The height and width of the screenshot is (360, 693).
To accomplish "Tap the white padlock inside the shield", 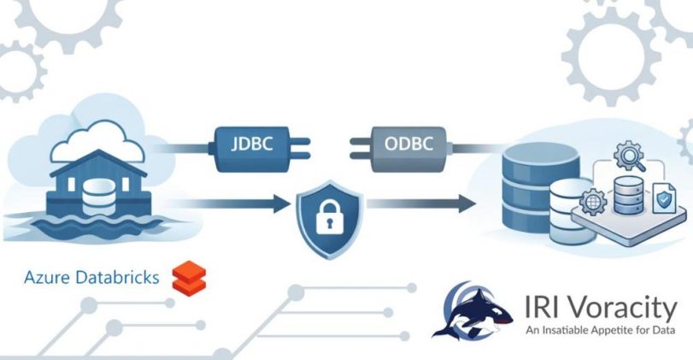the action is pyautogui.click(x=329, y=216).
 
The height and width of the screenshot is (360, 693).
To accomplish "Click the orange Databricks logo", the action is pyautogui.click(x=189, y=278).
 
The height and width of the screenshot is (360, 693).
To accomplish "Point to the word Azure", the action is pyautogui.click(x=47, y=277).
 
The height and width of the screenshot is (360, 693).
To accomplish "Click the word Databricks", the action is pyautogui.click(x=117, y=277).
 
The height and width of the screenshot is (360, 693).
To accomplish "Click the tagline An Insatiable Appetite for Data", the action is pyautogui.click(x=600, y=330).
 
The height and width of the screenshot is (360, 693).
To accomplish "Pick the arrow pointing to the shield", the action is pyautogui.click(x=229, y=204).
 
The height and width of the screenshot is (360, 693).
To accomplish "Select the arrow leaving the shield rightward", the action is pyautogui.click(x=421, y=204).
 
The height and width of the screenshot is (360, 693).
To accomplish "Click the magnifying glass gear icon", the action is pyautogui.click(x=630, y=156).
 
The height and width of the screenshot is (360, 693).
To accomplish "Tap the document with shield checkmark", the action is pyautogui.click(x=664, y=198).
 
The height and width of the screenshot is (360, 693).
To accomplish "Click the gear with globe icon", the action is pyautogui.click(x=593, y=202).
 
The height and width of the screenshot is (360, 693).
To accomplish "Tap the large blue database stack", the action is pyautogui.click(x=541, y=187).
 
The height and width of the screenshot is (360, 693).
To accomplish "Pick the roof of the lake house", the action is pyautogui.click(x=98, y=162).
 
